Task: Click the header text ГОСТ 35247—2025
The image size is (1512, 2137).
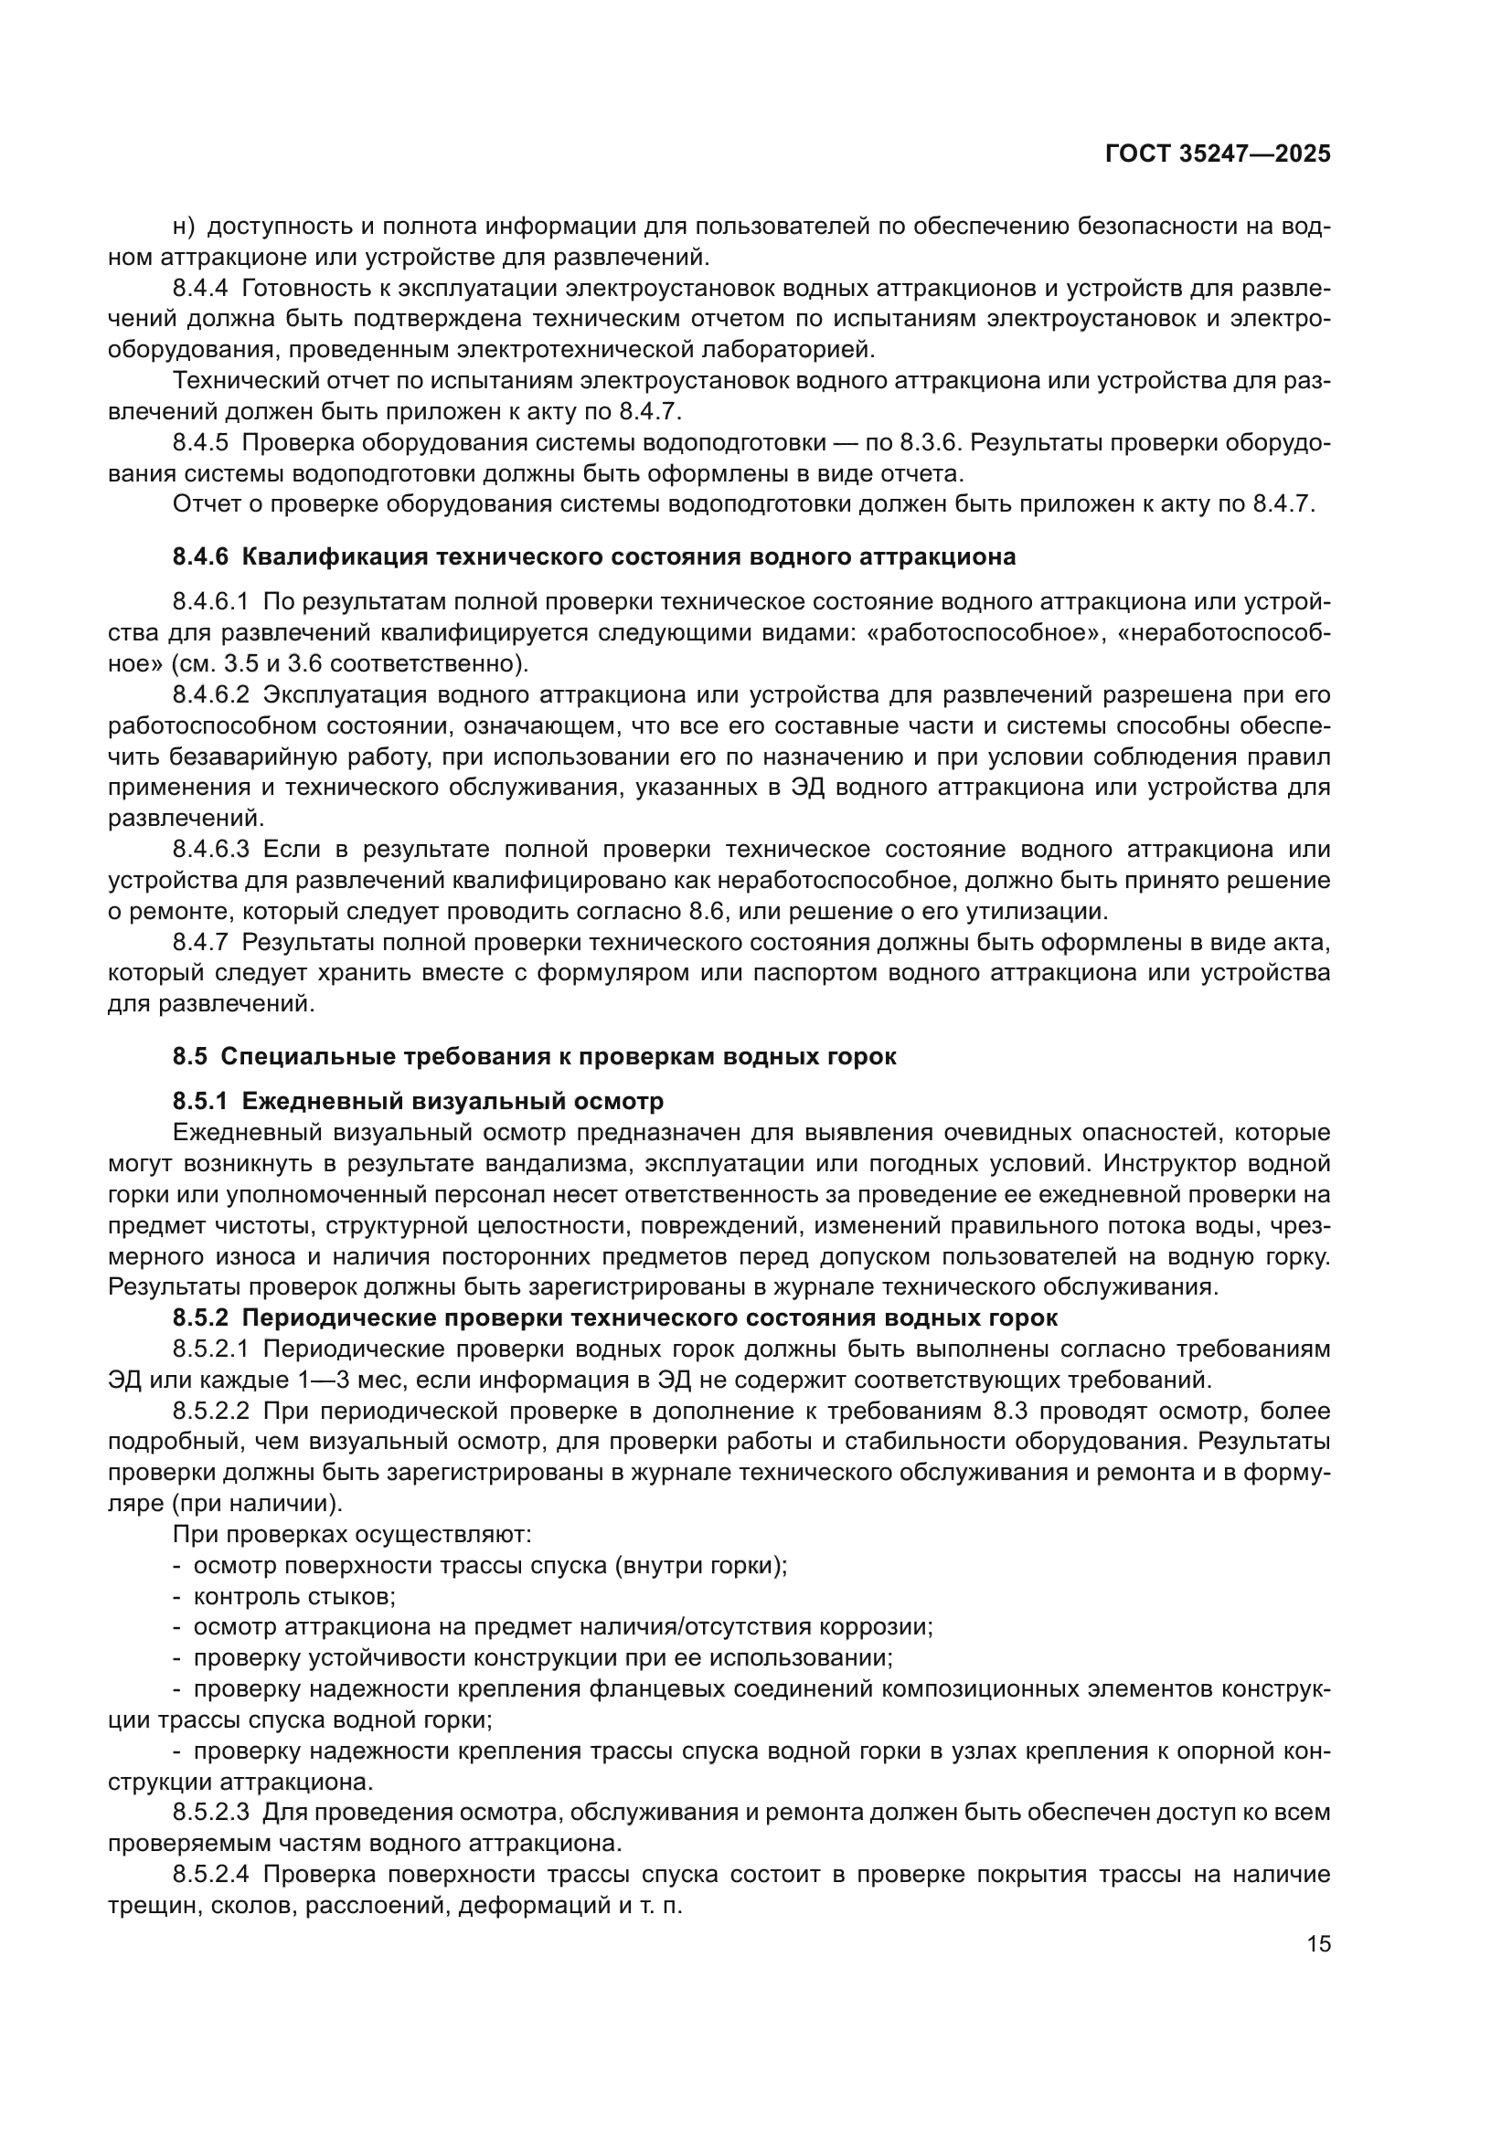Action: (x=1217, y=154)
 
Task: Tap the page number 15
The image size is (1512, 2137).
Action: (x=1318, y=1944)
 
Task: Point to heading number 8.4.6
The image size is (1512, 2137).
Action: (x=200, y=557)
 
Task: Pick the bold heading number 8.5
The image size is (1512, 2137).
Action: (x=190, y=1057)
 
